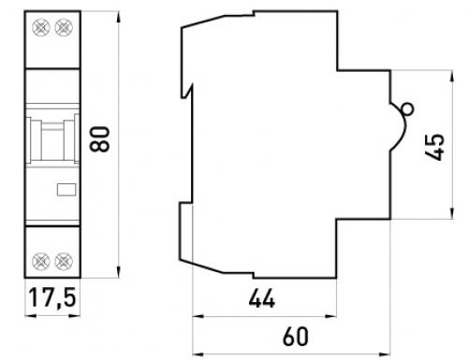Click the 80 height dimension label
[99, 139]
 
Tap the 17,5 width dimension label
[52, 297]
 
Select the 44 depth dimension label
[262, 298]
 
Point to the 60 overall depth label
[296, 337]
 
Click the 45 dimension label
[435, 147]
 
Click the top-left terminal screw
[41, 27]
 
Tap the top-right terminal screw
[64, 27]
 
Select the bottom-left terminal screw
[41, 261]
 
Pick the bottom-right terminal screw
[64, 261]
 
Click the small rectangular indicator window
[66, 190]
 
